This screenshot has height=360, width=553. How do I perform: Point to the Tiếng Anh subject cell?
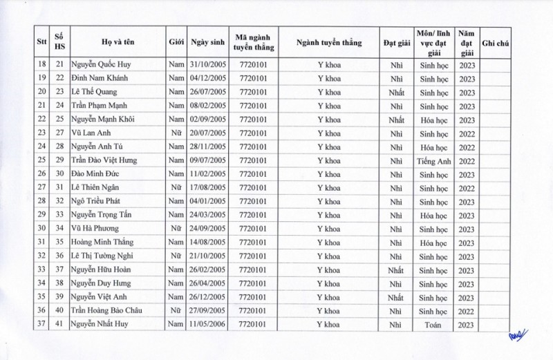coord(433,160)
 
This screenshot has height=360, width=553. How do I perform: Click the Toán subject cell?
coord(433,324)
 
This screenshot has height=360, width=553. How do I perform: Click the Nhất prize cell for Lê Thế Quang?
coord(395,92)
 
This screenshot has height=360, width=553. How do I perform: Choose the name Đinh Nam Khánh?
coord(102,78)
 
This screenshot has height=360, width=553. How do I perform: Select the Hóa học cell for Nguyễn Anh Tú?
coord(433,146)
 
